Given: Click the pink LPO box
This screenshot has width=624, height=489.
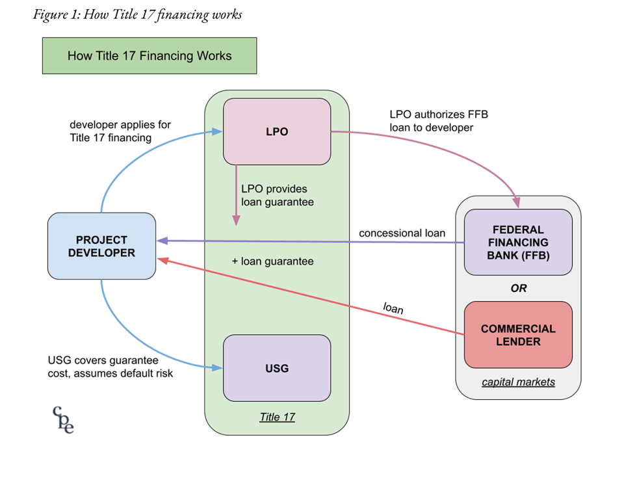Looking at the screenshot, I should click(277, 131).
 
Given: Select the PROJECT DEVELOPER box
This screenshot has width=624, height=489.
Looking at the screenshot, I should click(101, 246).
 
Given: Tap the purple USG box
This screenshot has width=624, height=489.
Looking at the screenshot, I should click(277, 368).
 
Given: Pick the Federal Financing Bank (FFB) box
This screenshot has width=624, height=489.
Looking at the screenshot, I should click(518, 242).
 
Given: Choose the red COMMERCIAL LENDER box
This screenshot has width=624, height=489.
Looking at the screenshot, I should click(518, 334).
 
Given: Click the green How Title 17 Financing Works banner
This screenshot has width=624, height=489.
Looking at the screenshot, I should click(149, 55).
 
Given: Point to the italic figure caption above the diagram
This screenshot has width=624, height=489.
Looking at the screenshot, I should click(137, 14).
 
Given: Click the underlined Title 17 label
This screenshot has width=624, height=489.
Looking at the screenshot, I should click(277, 417).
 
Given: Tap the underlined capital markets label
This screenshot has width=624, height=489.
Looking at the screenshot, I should click(518, 382).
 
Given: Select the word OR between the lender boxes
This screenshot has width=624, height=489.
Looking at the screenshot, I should click(518, 288).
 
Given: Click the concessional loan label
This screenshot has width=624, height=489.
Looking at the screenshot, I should click(402, 233).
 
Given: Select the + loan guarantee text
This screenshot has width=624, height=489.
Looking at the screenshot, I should click(272, 261).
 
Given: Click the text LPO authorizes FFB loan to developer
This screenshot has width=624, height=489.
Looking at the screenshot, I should click(439, 121).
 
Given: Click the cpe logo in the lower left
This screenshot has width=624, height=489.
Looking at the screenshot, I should click(63, 419).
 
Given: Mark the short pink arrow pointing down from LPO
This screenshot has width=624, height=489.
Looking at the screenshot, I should click(236, 195).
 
